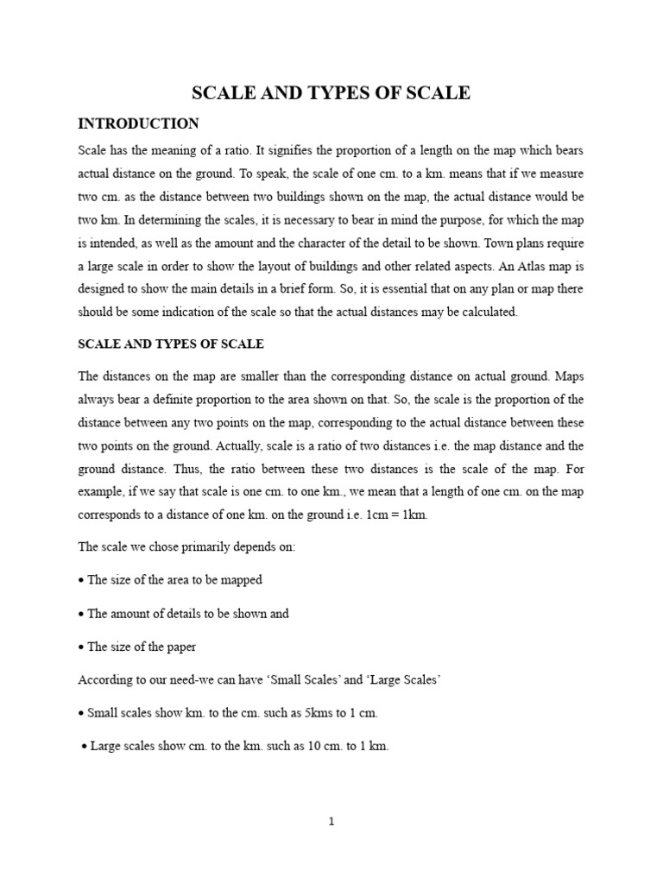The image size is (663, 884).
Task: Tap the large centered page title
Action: (331, 93)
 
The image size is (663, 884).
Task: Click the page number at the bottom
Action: (331, 822)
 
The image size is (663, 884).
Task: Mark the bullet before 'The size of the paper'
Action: (81, 647)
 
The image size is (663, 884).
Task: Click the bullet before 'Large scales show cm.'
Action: (85, 748)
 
